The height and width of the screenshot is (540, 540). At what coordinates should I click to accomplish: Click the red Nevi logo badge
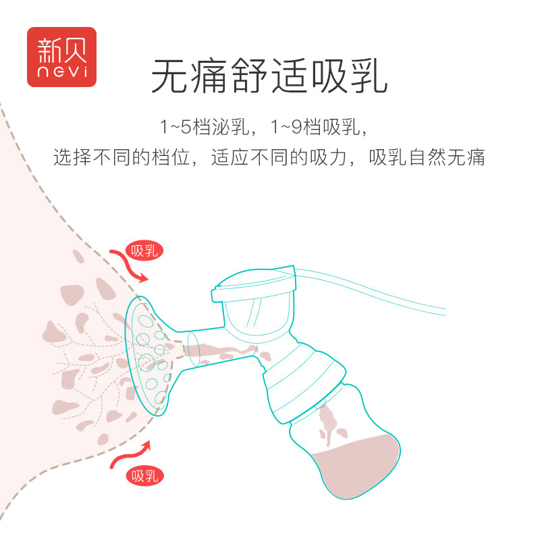tap(61, 57)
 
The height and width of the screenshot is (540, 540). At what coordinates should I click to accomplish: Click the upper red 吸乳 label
tap(144, 251)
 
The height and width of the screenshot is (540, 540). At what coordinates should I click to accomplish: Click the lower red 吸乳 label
tap(143, 476)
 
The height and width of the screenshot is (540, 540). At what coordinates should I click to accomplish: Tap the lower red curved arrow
tap(131, 456)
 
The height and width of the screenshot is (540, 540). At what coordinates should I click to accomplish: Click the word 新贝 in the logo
tap(61, 47)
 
